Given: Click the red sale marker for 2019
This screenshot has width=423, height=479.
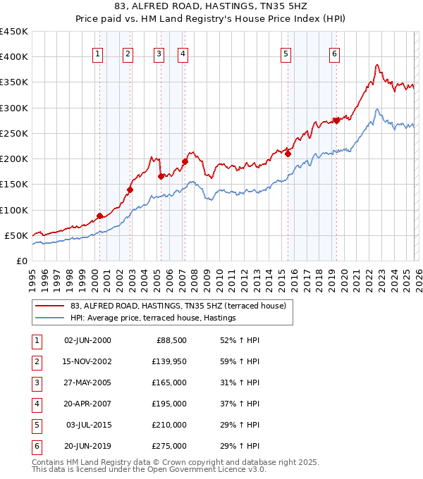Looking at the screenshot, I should [x=336, y=120].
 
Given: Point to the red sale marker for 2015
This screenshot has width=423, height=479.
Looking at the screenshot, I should [x=288, y=154].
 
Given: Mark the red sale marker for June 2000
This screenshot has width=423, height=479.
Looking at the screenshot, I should [x=99, y=216].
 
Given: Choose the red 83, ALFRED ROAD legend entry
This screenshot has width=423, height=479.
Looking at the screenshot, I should [x=178, y=306].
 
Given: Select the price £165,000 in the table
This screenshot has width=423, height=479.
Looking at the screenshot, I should [x=170, y=382].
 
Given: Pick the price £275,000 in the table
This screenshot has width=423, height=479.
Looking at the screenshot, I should [x=170, y=446].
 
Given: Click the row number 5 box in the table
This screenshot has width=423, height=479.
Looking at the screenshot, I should [x=35, y=425].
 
